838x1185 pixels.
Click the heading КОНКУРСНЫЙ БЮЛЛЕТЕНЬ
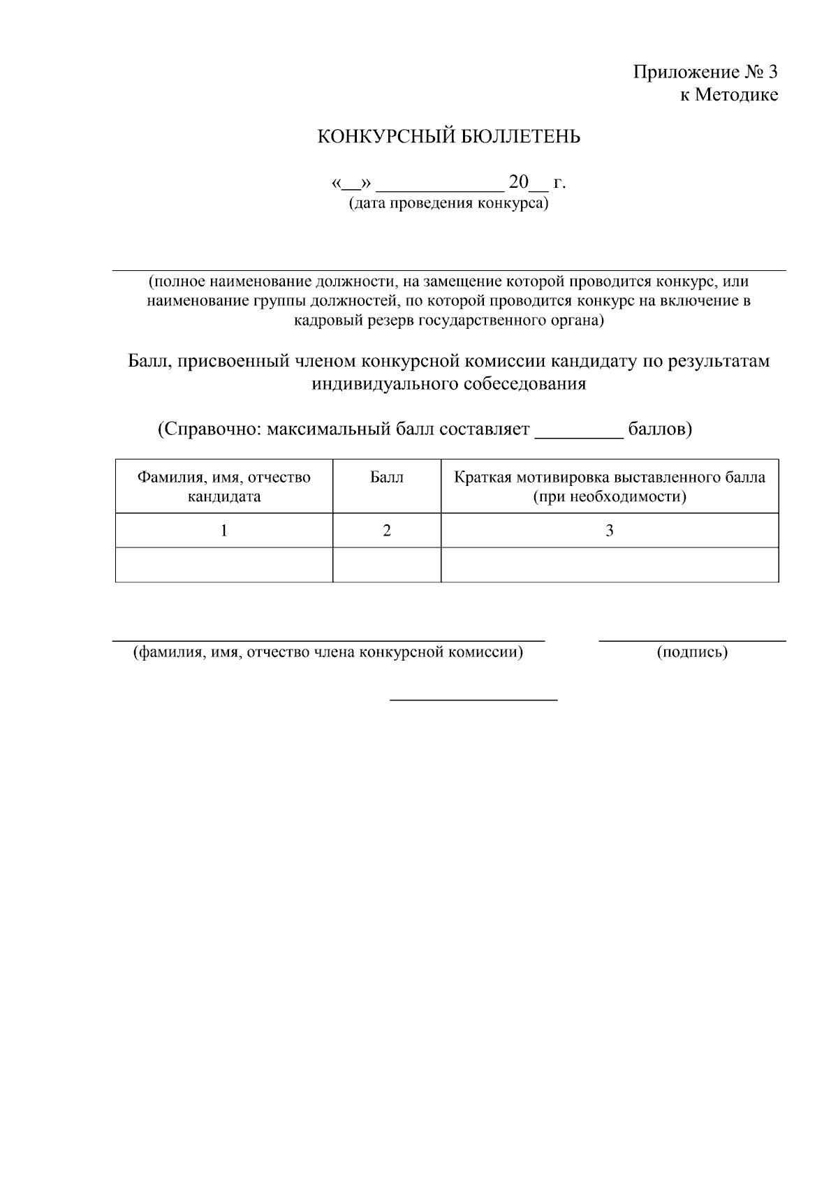[x=448, y=137]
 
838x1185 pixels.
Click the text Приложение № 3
[x=705, y=72]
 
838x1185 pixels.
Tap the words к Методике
[x=728, y=95]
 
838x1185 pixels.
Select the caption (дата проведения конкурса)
[x=448, y=203]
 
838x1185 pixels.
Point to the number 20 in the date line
[x=519, y=182]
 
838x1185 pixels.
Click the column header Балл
[x=386, y=478]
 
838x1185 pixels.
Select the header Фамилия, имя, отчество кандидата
[x=223, y=487]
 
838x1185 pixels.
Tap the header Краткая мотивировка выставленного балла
[x=609, y=478]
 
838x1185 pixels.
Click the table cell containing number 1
[x=223, y=531]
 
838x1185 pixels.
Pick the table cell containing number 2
[x=386, y=531]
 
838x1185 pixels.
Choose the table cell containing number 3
[x=609, y=531]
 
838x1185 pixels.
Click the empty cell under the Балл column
[x=386, y=564]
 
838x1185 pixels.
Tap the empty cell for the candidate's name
[x=223, y=564]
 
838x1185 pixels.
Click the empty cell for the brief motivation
[x=609, y=564]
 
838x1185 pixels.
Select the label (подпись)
[x=691, y=652]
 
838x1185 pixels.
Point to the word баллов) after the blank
[x=659, y=429]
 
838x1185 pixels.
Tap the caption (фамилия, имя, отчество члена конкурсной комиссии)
[x=328, y=652]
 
